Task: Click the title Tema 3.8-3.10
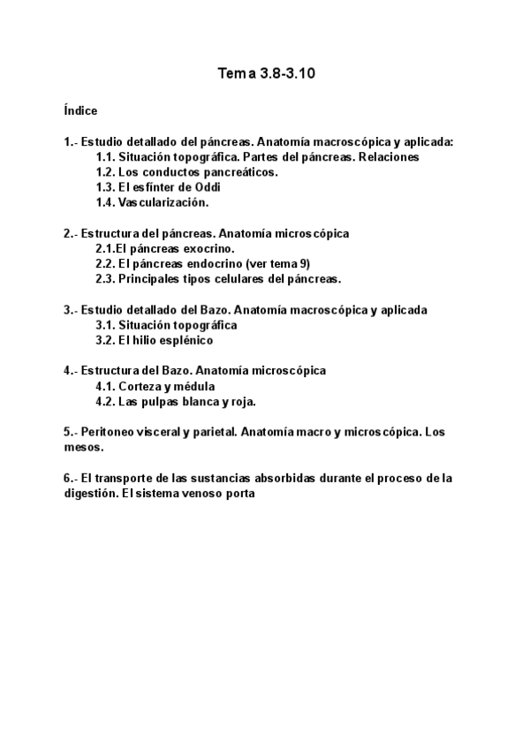(x=266, y=75)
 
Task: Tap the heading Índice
(x=80, y=111)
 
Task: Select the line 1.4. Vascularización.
(x=151, y=202)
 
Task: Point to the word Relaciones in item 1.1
(x=363, y=157)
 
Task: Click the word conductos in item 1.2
(x=170, y=172)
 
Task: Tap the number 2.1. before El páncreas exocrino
(x=106, y=249)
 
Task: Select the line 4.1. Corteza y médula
(x=155, y=387)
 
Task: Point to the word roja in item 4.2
(x=241, y=402)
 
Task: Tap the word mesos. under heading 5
(x=84, y=448)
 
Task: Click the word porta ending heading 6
(x=239, y=494)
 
